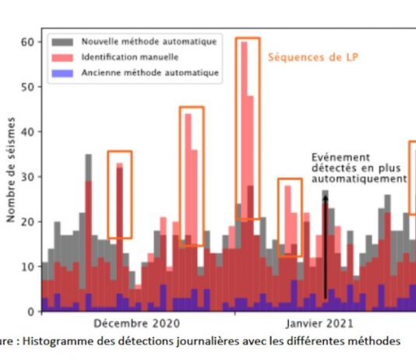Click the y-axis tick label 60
click(x=27, y=42)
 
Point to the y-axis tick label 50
click(x=27, y=86)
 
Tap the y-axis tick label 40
click(x=27, y=132)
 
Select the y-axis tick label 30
click(x=27, y=177)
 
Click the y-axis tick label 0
click(x=31, y=311)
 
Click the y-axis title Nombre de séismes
click(x=11, y=170)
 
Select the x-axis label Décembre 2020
click(x=136, y=323)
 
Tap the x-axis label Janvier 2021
click(x=319, y=323)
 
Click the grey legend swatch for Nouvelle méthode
click(x=62, y=42)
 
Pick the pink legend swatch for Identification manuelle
click(x=62, y=58)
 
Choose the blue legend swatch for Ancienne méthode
click(x=62, y=73)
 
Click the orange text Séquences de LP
click(x=313, y=58)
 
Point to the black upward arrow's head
click(x=326, y=199)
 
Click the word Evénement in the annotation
click(x=340, y=157)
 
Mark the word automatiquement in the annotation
click(x=359, y=178)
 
